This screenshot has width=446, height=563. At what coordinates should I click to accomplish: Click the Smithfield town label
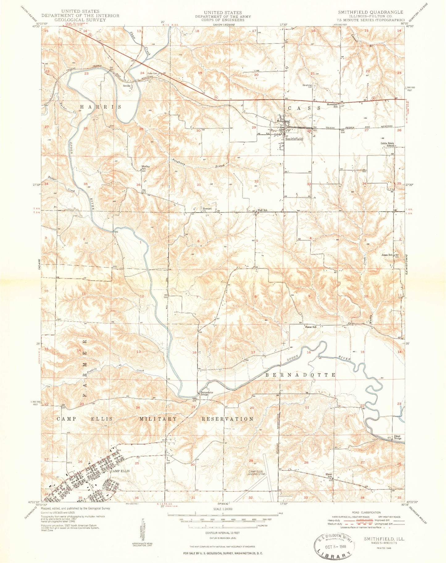tap(294, 139)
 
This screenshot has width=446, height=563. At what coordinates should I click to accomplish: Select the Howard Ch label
tap(207, 210)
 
